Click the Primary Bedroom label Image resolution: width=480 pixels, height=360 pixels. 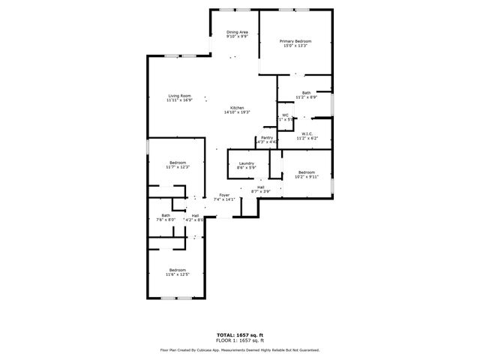(x=295, y=40)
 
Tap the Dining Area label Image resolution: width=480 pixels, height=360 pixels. (x=238, y=31)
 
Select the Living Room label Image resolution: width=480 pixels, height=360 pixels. (x=179, y=95)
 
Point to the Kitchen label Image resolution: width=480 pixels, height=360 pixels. (x=237, y=107)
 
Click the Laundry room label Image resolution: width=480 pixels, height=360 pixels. (x=246, y=163)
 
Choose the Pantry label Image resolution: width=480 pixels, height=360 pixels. (x=267, y=137)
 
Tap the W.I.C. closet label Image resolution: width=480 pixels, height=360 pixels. (x=307, y=133)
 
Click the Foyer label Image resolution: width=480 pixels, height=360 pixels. (x=224, y=195)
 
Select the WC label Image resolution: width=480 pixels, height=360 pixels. (x=285, y=115)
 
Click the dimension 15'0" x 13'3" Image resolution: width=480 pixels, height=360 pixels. (x=295, y=46)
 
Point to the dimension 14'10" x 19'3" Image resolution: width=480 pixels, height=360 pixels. (x=237, y=112)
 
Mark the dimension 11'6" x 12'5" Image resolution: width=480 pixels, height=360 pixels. (x=177, y=274)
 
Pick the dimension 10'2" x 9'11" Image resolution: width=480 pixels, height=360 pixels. (x=306, y=178)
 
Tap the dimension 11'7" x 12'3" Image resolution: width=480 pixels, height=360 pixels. (x=178, y=167)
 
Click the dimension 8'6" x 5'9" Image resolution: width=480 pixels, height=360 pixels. (x=246, y=168)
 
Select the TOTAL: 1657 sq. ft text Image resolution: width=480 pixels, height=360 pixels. (x=240, y=335)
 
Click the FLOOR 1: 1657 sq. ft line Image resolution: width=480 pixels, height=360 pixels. (x=240, y=340)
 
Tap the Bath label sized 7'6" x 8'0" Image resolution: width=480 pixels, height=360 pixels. (x=165, y=215)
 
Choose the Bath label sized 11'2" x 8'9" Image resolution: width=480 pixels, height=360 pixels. (x=306, y=92)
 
